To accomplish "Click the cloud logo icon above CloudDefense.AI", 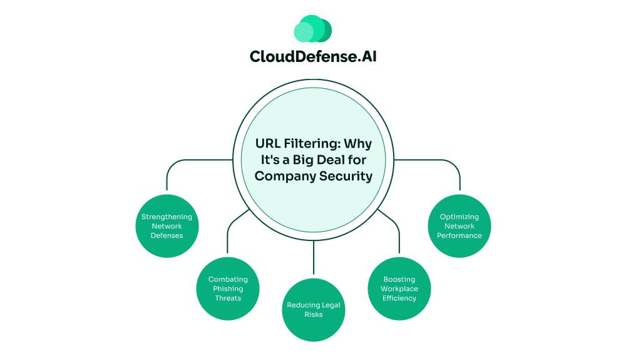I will pyautogui.click(x=312, y=29).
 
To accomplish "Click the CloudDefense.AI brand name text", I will pyautogui.click(x=313, y=56).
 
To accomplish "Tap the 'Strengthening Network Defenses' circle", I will pyautogui.click(x=167, y=226).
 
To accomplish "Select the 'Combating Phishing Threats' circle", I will pyautogui.click(x=228, y=289).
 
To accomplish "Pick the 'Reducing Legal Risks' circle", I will pyautogui.click(x=314, y=309).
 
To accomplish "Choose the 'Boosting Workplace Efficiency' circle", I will pyautogui.click(x=399, y=289).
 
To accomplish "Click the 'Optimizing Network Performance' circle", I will pyautogui.click(x=459, y=226).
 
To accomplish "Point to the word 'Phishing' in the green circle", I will pyautogui.click(x=228, y=289).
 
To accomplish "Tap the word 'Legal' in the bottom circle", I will pyautogui.click(x=330, y=305).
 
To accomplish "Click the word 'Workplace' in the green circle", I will pyautogui.click(x=399, y=289).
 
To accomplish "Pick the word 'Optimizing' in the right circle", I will pyautogui.click(x=459, y=217).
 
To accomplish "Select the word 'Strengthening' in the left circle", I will pyautogui.click(x=167, y=217).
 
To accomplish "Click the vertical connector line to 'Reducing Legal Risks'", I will pyautogui.click(x=314, y=260).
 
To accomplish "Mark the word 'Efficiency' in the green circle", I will pyautogui.click(x=399, y=298).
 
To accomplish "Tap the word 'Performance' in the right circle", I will pyautogui.click(x=459, y=235).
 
